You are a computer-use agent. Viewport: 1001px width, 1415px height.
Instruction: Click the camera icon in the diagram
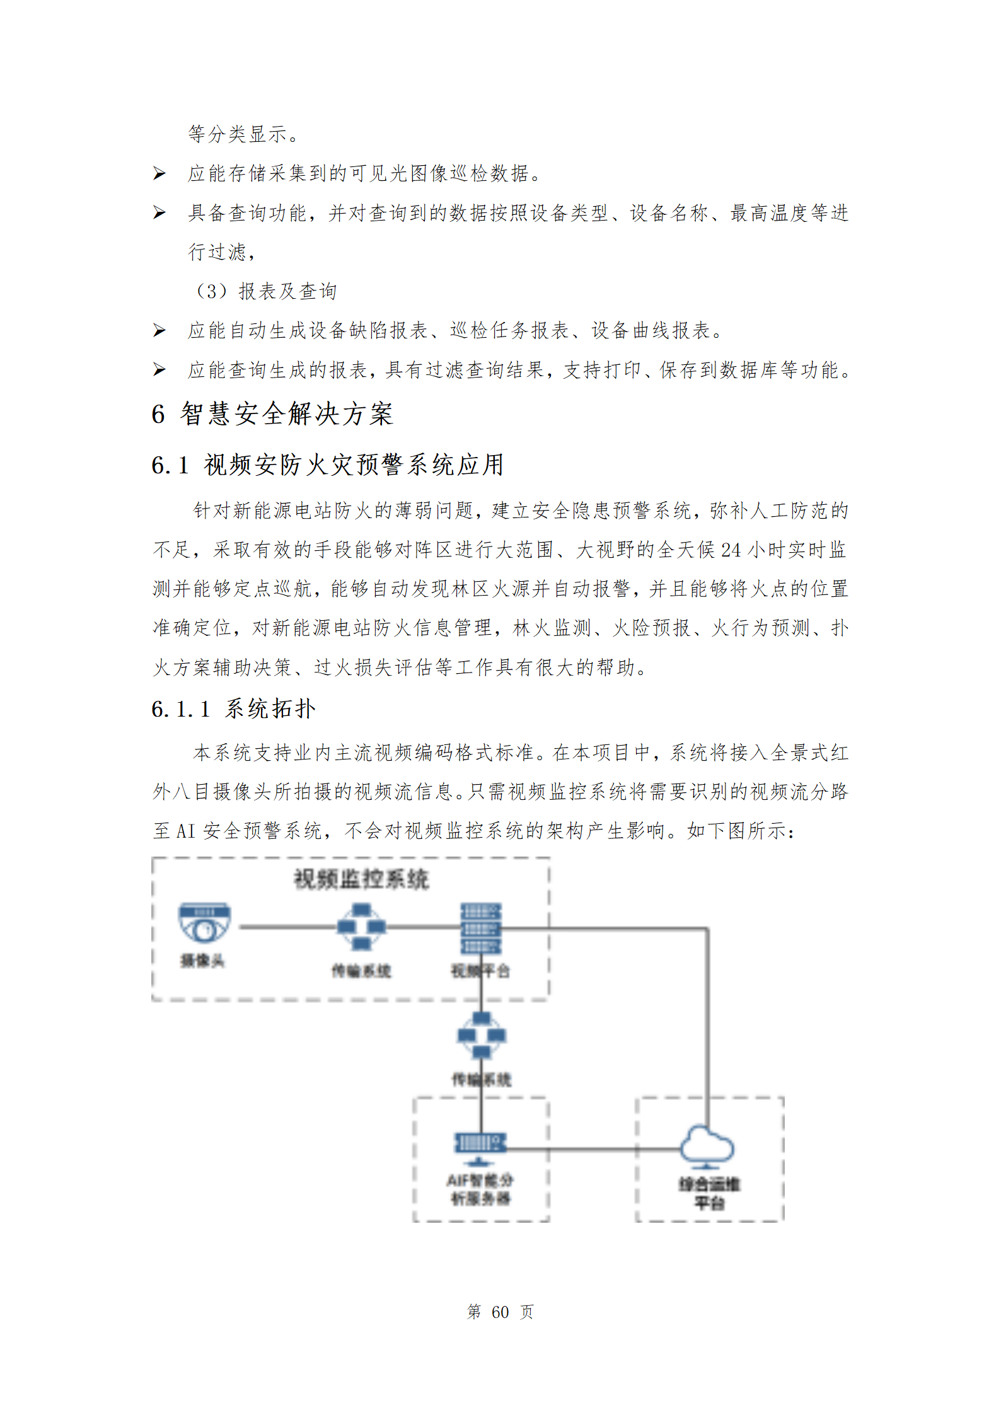tap(204, 923)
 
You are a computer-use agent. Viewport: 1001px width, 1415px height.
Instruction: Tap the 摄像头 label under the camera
tap(202, 961)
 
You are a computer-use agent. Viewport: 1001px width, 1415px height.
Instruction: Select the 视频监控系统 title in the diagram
tap(361, 879)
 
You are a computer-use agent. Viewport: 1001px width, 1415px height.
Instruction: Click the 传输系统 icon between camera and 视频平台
tap(361, 927)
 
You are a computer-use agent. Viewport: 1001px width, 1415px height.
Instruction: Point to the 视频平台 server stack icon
tap(480, 928)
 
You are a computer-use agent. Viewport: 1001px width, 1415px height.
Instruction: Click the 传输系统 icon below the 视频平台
tap(482, 1035)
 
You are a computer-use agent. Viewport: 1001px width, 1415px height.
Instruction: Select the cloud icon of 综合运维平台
tap(707, 1145)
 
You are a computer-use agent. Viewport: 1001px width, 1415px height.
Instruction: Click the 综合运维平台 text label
tap(709, 1193)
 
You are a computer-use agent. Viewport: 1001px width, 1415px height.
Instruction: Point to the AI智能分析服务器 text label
tap(480, 1189)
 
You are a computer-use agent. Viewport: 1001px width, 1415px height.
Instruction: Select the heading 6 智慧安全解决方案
tap(272, 414)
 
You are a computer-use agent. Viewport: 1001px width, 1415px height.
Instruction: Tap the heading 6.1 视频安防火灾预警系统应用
tap(328, 465)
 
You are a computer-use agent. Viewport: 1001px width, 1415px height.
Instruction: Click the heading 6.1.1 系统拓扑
tap(233, 708)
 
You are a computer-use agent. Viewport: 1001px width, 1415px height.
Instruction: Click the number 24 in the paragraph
tap(731, 550)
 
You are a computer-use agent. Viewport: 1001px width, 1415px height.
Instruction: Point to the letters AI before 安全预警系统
tap(186, 831)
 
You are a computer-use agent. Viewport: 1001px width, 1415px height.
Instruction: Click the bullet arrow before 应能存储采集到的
tap(159, 173)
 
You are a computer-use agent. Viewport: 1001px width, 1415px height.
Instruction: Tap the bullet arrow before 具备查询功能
tap(159, 213)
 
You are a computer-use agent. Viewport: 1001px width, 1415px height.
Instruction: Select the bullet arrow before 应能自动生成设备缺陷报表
tap(159, 330)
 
